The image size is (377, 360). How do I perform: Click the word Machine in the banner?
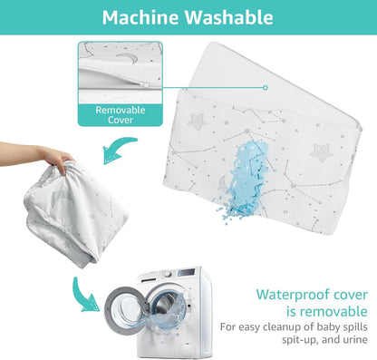click(x=140, y=17)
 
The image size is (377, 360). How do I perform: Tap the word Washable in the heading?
click(x=229, y=17)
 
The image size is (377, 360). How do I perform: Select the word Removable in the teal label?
click(x=121, y=110)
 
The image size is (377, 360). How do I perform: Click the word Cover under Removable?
click(x=121, y=120)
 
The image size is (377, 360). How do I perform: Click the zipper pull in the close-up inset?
click(x=148, y=85)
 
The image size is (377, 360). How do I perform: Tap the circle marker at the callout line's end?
click(x=266, y=88)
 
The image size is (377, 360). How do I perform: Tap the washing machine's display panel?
click(x=187, y=272)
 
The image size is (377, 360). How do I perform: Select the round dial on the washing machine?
click(x=168, y=275)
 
